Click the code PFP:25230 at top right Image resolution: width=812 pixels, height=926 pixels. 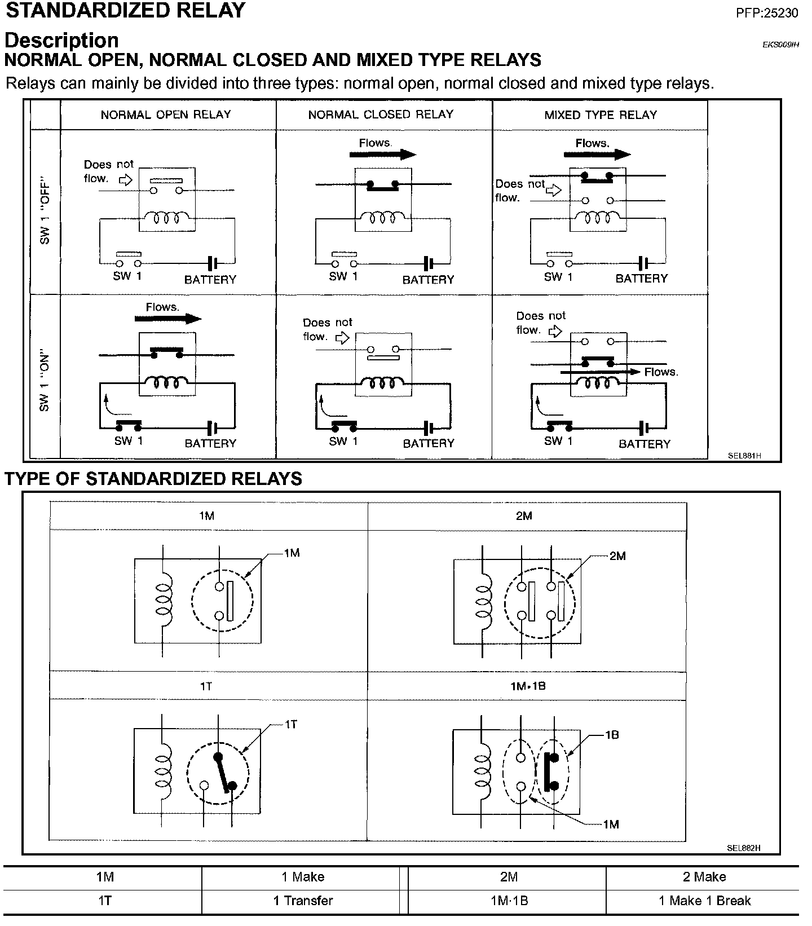[x=767, y=12]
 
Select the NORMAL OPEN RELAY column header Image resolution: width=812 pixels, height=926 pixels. [x=166, y=114]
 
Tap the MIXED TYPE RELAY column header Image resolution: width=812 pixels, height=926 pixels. [x=601, y=114]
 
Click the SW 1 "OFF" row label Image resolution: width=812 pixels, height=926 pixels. [x=45, y=212]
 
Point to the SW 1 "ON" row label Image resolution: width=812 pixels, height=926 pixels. [x=45, y=382]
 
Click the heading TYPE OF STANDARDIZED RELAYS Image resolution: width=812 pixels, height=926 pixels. [x=153, y=479]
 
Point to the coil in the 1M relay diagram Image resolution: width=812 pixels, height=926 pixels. [x=164, y=599]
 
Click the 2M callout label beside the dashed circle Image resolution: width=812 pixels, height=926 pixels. [x=617, y=556]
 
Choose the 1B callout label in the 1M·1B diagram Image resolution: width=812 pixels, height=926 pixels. [x=612, y=735]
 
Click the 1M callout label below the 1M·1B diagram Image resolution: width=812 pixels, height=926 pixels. [x=611, y=824]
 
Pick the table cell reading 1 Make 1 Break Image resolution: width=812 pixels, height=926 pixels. [x=704, y=901]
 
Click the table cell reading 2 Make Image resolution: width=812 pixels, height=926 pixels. [x=704, y=877]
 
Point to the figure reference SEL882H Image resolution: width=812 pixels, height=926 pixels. [x=744, y=848]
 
